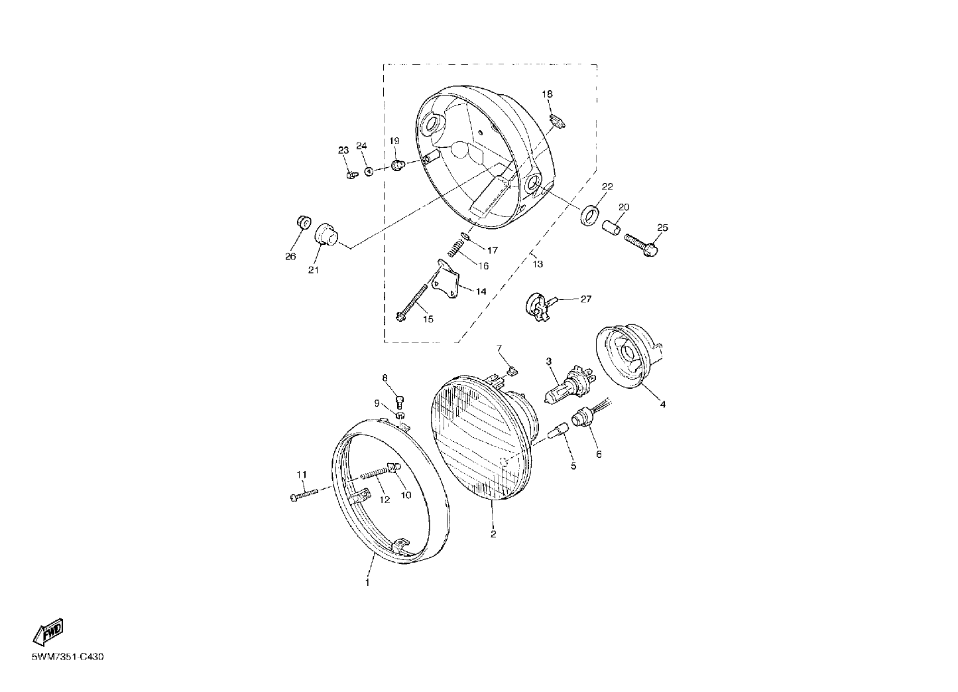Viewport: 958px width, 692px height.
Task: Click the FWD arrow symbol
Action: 48,632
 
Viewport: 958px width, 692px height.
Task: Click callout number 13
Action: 538,264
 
